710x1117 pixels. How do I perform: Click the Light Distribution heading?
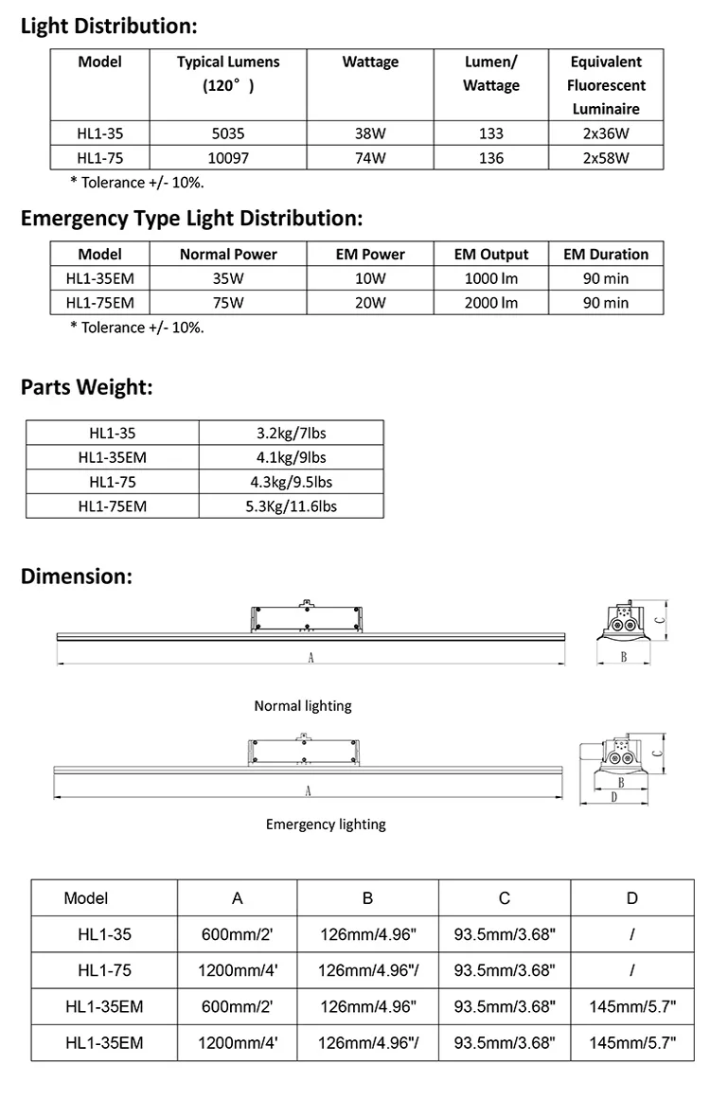pyautogui.click(x=109, y=26)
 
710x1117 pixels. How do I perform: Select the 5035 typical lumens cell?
pyautogui.click(x=227, y=134)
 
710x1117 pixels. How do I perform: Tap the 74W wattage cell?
pyautogui.click(x=369, y=158)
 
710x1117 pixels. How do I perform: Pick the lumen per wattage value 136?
pyautogui.click(x=491, y=158)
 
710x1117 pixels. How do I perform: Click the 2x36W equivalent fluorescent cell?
pyautogui.click(x=606, y=134)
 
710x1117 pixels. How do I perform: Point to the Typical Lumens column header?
pyautogui.click(x=228, y=74)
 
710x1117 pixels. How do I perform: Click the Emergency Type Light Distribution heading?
pyautogui.click(x=191, y=219)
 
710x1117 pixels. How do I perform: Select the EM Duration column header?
pyautogui.click(x=606, y=254)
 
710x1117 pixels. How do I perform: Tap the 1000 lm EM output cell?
pyautogui.click(x=491, y=278)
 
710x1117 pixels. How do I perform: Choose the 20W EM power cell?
pyautogui.click(x=369, y=303)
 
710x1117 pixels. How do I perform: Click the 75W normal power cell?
pyautogui.click(x=228, y=303)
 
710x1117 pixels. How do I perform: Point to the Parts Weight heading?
pyautogui.click(x=87, y=386)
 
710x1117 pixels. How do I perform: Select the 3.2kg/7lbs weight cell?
pyautogui.click(x=291, y=433)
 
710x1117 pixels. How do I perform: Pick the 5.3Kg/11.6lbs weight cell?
pyautogui.click(x=291, y=505)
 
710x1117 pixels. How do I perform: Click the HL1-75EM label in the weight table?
pyautogui.click(x=112, y=505)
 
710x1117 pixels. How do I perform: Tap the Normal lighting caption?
pyautogui.click(x=303, y=706)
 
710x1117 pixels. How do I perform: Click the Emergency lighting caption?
pyautogui.click(x=326, y=824)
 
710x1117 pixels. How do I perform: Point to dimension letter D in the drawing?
pyautogui.click(x=613, y=797)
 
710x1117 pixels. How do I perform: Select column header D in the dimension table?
pyautogui.click(x=631, y=897)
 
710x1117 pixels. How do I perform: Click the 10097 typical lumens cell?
pyautogui.click(x=227, y=158)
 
